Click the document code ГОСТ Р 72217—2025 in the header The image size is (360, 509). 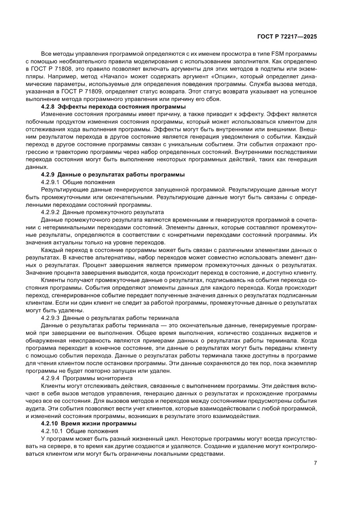[x=286, y=37]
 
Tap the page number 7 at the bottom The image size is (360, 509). [x=315, y=463]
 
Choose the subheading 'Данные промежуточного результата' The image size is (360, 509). [x=113, y=212]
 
